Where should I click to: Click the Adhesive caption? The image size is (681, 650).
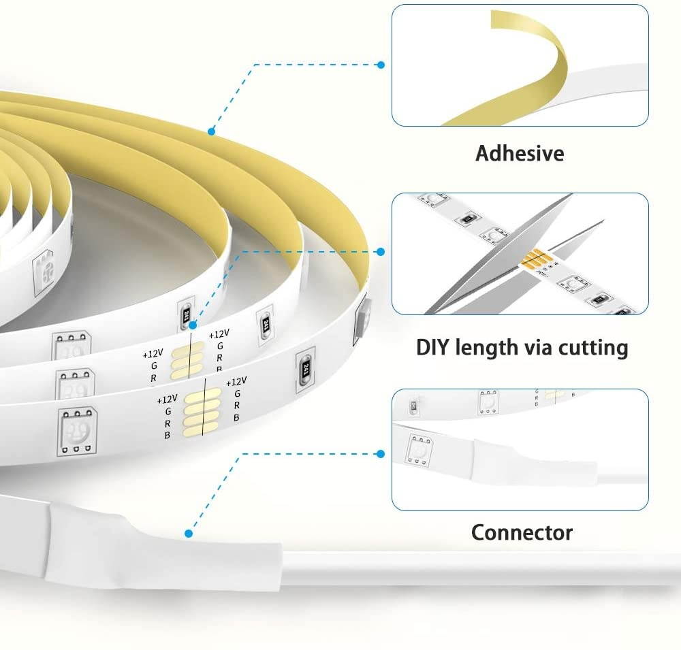[520, 153]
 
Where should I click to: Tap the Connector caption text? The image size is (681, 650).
[522, 532]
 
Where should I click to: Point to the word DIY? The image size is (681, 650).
[437, 348]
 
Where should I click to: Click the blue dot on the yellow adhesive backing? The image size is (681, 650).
[212, 131]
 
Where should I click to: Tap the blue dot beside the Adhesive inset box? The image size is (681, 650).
[381, 65]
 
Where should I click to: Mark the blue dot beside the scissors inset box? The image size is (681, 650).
[380, 253]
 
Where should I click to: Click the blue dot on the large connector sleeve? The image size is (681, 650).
[189, 534]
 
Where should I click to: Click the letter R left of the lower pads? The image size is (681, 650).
[166, 423]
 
